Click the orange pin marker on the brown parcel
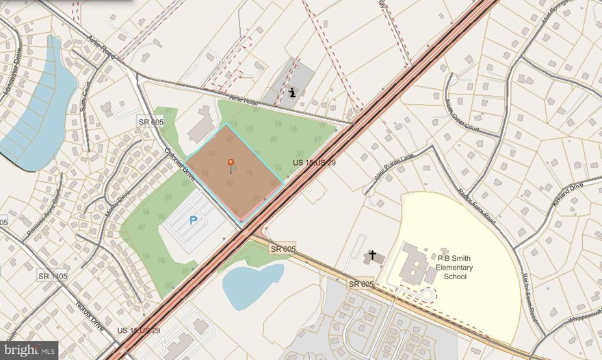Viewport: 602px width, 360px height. coord(231,163)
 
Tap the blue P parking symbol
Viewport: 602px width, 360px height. coord(193,220)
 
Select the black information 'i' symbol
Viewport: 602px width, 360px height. coord(293,92)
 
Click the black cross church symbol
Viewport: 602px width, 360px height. coord(373,255)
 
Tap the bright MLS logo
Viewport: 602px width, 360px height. coord(29,350)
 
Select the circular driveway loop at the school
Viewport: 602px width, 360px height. coord(427,296)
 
